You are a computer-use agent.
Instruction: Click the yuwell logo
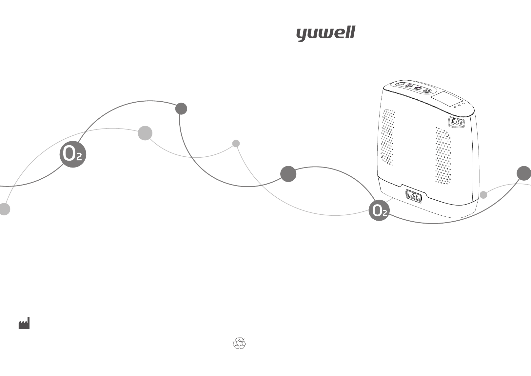[326, 34]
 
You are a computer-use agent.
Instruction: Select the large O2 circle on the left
[73, 154]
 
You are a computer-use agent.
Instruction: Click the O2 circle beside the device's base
[379, 210]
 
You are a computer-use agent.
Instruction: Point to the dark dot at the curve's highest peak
[181, 109]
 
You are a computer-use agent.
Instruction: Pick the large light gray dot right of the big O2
[145, 133]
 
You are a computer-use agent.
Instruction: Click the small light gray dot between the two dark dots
[236, 144]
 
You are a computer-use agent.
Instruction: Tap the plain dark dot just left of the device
[288, 174]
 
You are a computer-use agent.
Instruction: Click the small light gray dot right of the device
[483, 195]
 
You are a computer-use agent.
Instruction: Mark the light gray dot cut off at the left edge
[5, 209]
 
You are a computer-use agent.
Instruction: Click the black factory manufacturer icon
[24, 323]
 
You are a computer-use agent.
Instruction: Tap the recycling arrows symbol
[239, 344]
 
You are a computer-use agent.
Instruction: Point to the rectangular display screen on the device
[446, 98]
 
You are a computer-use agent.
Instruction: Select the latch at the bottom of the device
[414, 196]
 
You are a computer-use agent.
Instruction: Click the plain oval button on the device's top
[400, 84]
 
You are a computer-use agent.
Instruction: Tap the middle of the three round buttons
[418, 88]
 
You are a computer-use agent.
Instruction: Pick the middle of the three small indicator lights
[460, 105]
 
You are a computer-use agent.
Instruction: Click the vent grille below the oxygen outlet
[443, 156]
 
